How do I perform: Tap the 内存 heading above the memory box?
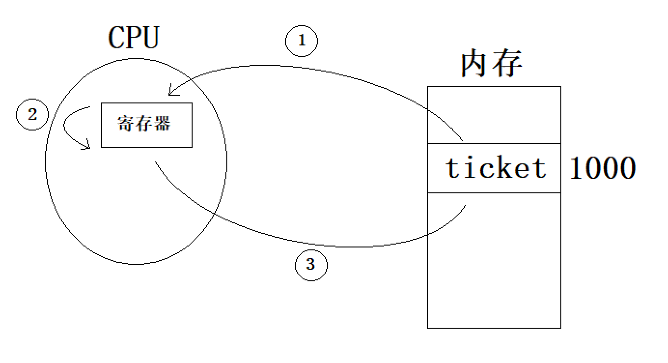tap(491, 64)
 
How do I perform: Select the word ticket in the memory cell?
tap(496, 168)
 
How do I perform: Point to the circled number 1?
tap(302, 41)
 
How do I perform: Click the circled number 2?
tap(32, 115)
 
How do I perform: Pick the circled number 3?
tap(311, 264)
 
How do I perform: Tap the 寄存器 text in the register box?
tap(144, 124)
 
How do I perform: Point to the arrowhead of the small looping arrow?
tap(88, 145)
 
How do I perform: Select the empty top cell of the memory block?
tap(494, 115)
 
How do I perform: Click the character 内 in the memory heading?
tap(475, 64)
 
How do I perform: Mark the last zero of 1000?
tap(626, 168)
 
